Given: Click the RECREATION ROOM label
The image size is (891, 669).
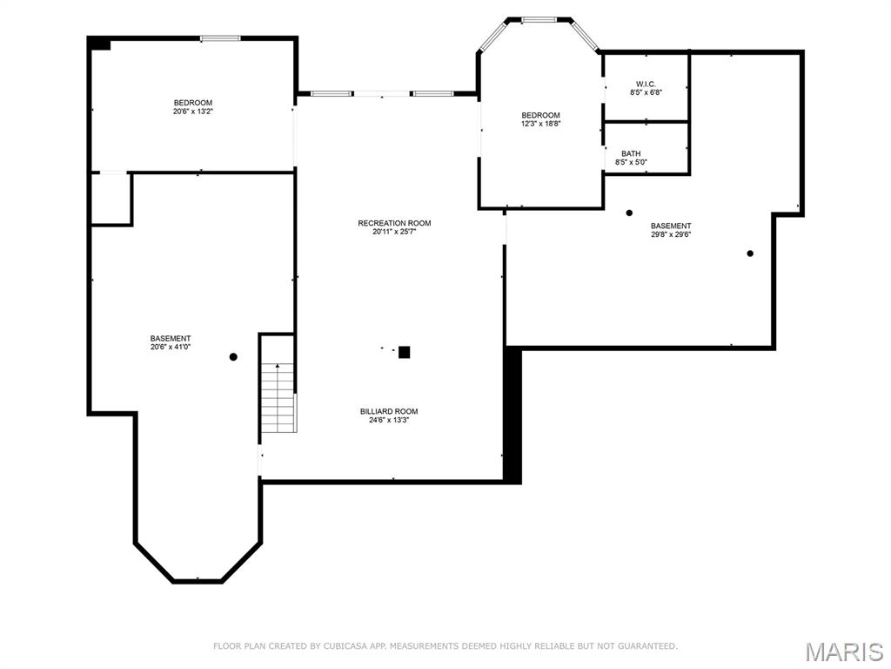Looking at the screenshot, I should click(394, 223).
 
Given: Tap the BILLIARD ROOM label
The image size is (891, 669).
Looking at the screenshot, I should click(389, 411).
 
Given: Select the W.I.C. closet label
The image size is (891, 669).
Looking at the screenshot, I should click(645, 84).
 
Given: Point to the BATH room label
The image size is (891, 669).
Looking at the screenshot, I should click(631, 153).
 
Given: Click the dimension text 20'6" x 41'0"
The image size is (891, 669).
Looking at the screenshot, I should click(171, 347).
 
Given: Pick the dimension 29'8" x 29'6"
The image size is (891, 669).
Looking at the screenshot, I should click(671, 234).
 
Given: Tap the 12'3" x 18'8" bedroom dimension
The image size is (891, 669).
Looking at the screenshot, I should click(540, 124).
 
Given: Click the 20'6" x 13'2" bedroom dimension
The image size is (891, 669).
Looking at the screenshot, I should click(192, 111).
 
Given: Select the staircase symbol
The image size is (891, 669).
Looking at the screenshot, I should click(278, 399).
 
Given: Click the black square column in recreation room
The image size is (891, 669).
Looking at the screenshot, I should click(404, 352).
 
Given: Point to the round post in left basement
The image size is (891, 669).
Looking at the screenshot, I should click(233, 356).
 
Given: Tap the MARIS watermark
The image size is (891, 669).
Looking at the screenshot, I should click(844, 652).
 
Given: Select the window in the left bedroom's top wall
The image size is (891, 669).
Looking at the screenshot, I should click(220, 37).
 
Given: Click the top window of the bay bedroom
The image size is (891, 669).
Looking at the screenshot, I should click(540, 18).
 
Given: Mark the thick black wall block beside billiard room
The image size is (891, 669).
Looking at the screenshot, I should click(512, 415).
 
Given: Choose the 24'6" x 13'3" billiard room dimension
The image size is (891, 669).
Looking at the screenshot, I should click(389, 420).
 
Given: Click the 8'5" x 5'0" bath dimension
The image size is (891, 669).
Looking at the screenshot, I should click(631, 162).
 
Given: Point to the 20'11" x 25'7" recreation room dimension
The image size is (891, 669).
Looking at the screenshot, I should click(394, 232).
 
